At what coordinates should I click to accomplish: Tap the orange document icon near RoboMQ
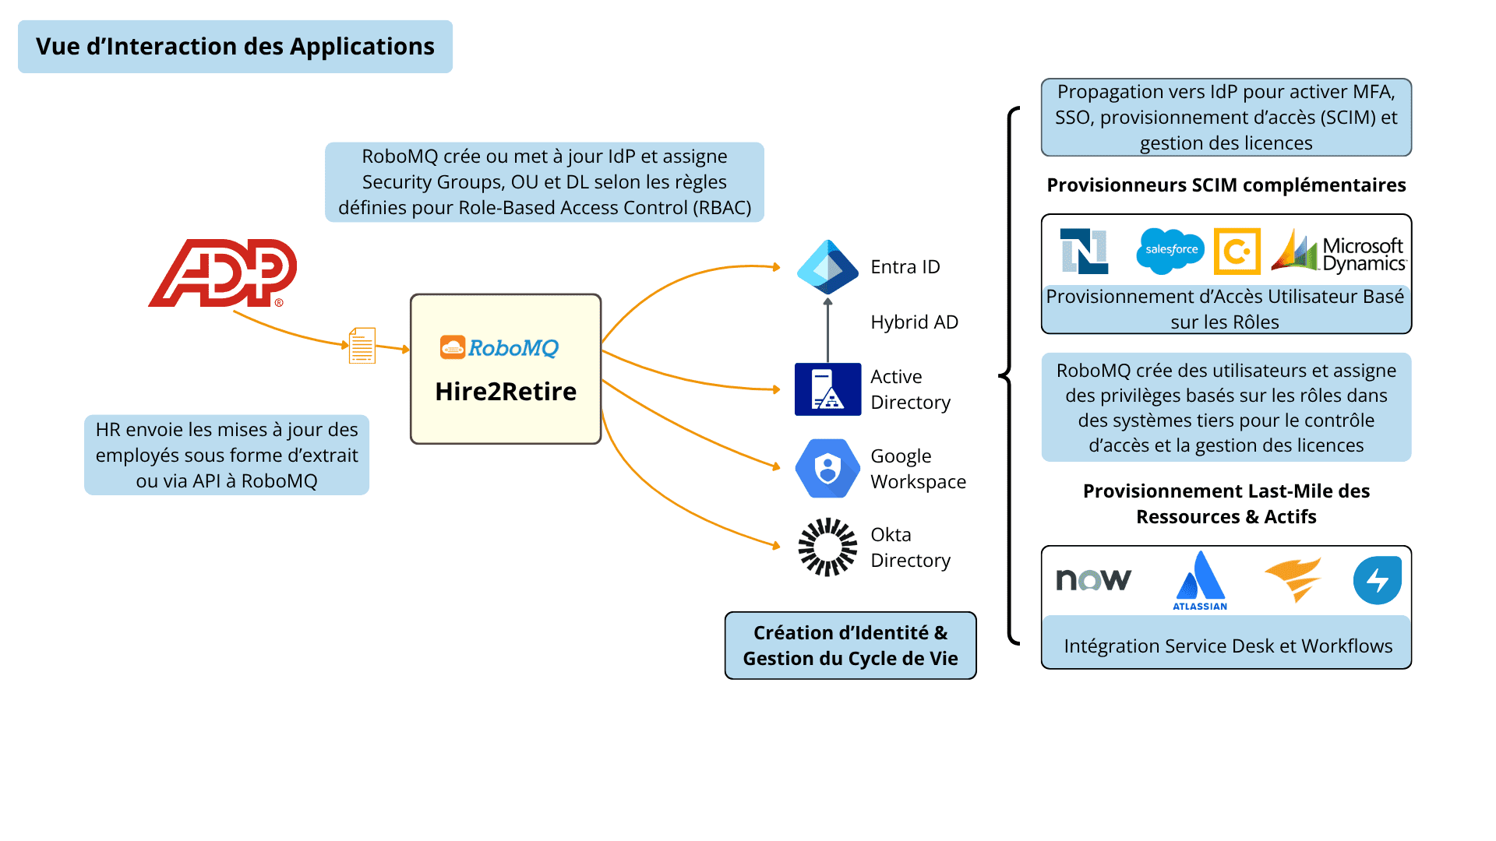click(x=362, y=346)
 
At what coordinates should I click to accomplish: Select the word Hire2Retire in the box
click(x=506, y=391)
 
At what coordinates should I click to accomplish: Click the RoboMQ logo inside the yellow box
click(x=499, y=347)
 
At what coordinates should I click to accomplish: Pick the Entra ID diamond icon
click(x=827, y=267)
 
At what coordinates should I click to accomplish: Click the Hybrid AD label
click(x=914, y=322)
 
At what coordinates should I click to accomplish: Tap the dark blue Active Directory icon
click(x=827, y=389)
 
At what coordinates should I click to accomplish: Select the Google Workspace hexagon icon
click(x=827, y=468)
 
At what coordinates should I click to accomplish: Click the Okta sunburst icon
click(x=827, y=547)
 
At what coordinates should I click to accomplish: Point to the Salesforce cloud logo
click(x=1170, y=251)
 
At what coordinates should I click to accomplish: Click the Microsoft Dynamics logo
click(x=1339, y=252)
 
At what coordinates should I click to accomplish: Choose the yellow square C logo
click(x=1237, y=252)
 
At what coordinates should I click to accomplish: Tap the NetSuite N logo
click(x=1085, y=252)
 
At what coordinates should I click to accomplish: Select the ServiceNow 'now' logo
click(x=1093, y=579)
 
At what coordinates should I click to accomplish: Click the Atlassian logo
click(x=1200, y=581)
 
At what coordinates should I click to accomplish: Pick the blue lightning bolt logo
click(x=1378, y=580)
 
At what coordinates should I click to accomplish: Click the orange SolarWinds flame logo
click(x=1293, y=579)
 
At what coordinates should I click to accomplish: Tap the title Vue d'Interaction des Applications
click(x=235, y=47)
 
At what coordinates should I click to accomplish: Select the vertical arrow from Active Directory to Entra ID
click(x=827, y=331)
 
